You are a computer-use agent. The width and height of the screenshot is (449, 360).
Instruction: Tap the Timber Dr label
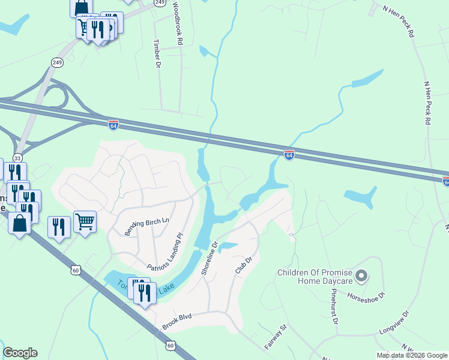(x=158, y=53)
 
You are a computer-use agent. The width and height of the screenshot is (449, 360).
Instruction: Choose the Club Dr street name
(x=243, y=265)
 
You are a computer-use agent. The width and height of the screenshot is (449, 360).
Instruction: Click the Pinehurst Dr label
(x=333, y=305)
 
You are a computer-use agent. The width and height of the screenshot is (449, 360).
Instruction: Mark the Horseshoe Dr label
(x=368, y=295)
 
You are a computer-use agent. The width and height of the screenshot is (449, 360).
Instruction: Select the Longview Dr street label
(x=394, y=322)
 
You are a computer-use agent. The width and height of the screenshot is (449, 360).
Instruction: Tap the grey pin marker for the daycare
(x=361, y=276)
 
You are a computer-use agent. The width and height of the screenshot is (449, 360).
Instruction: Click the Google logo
(x=20, y=353)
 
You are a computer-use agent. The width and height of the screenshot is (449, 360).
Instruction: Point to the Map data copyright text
(x=412, y=355)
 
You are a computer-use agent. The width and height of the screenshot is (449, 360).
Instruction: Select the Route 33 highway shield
(x=17, y=158)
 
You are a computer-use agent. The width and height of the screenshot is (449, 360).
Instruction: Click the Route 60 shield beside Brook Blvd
(x=170, y=345)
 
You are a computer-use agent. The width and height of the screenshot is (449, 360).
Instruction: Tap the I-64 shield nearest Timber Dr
(x=113, y=124)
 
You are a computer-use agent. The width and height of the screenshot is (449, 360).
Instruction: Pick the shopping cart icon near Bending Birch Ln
(x=85, y=222)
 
